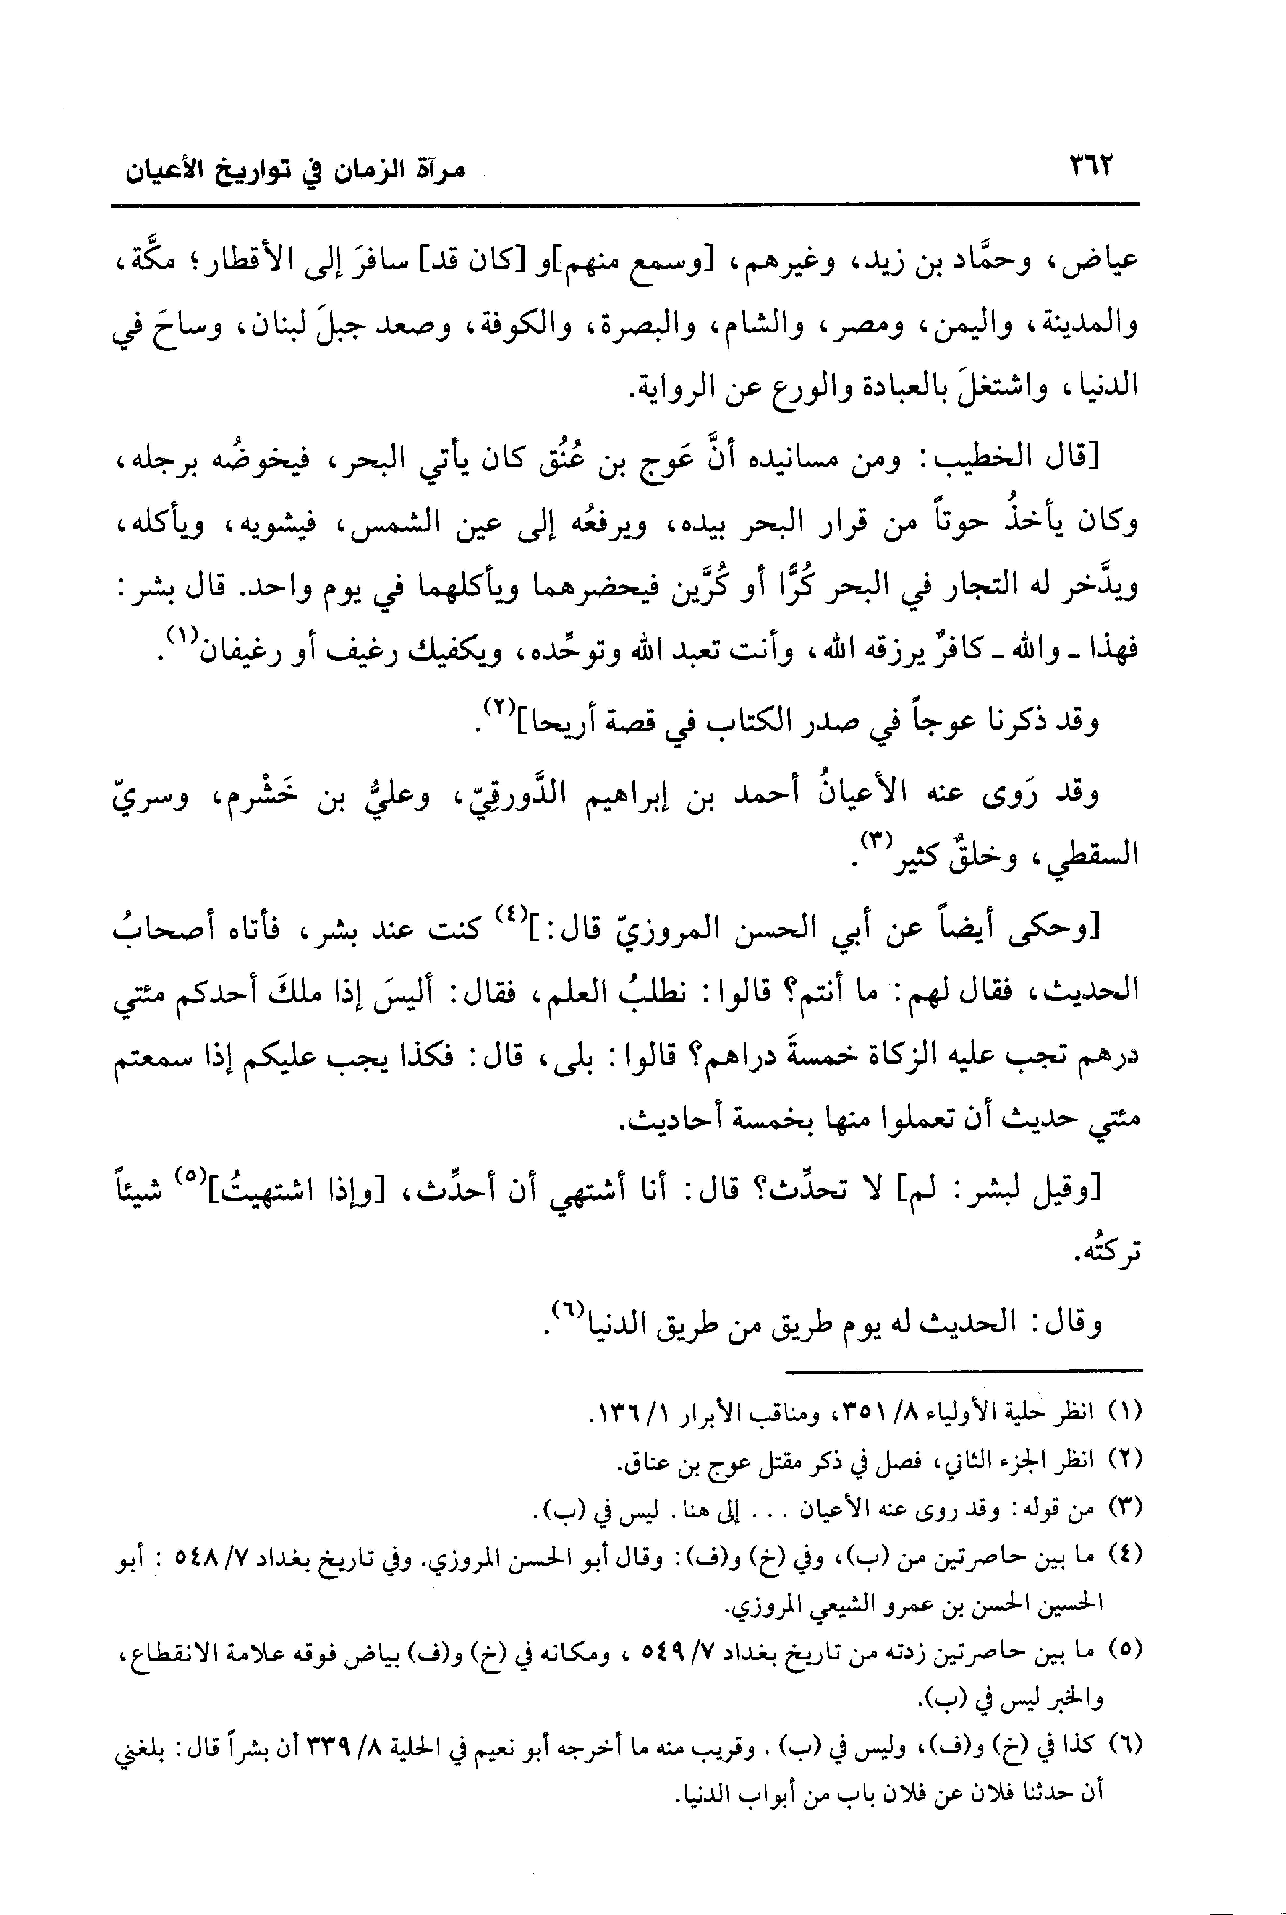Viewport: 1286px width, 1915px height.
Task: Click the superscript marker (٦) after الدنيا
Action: click(x=566, y=1307)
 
